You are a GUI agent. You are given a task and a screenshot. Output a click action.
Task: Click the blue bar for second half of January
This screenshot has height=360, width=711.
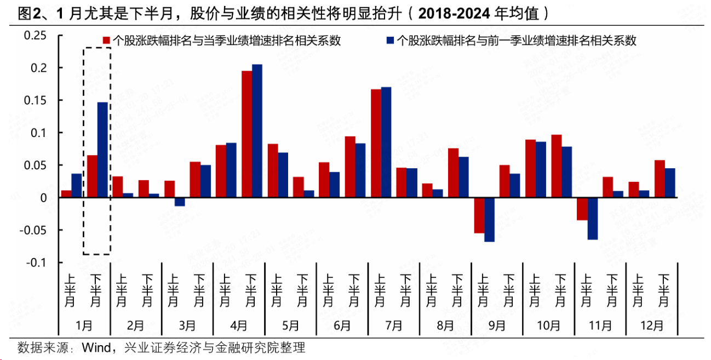tap(102, 150)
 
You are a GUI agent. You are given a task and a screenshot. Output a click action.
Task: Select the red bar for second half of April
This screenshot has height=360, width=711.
tap(247, 134)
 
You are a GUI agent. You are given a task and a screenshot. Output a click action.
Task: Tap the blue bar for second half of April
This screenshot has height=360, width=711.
tap(257, 131)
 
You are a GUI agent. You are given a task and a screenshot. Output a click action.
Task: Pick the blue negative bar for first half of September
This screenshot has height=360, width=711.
tap(489, 219)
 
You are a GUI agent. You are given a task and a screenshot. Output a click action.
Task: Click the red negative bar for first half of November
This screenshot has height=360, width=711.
tap(582, 209)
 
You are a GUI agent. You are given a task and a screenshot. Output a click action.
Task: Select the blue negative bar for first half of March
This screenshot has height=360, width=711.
tap(180, 202)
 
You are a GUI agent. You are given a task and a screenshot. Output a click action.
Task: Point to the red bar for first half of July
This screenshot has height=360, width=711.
tap(376, 143)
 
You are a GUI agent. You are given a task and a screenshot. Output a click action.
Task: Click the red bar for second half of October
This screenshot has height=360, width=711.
tap(557, 166)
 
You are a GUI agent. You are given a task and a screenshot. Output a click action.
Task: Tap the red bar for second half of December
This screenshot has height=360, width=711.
tap(660, 179)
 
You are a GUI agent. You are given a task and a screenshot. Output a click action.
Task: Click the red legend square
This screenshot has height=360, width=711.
tap(107, 40)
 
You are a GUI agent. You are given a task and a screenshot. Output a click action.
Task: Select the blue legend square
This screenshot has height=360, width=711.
tap(390, 40)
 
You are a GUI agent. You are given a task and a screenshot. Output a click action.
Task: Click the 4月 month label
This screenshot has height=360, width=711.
tap(239, 325)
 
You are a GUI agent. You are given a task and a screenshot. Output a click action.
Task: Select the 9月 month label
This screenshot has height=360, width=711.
tap(497, 325)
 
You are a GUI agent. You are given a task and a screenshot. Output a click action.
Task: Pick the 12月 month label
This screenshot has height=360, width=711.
tap(652, 325)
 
